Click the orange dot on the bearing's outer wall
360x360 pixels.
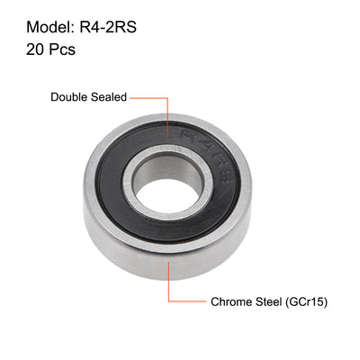point(167,256)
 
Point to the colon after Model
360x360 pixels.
point(65,25)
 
